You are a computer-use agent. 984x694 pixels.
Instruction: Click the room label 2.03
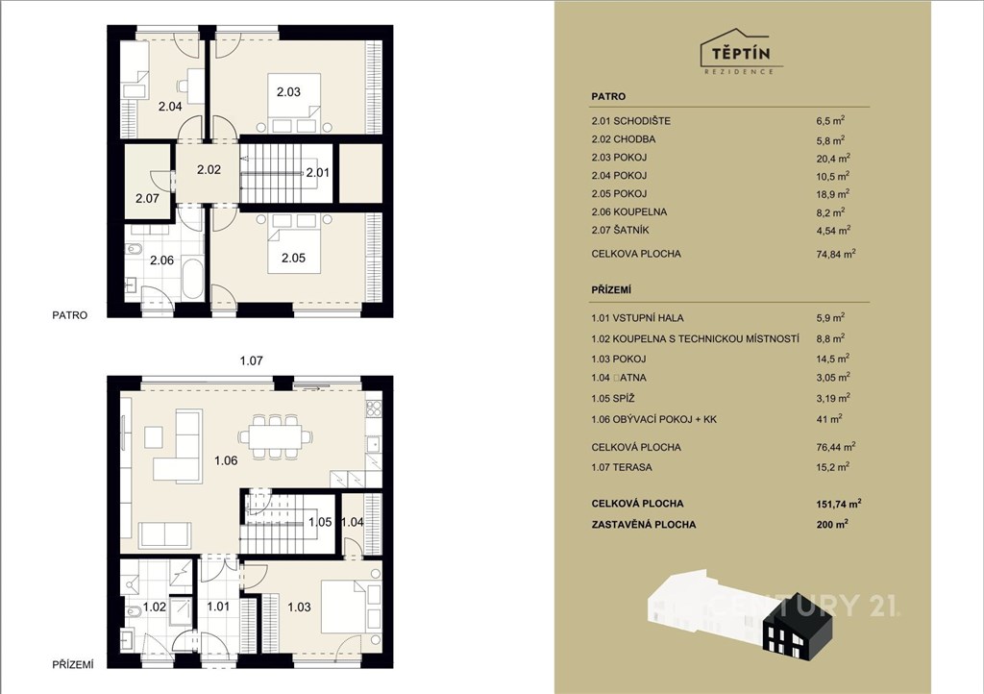tap(288, 91)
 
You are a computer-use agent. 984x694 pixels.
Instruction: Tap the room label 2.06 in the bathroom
tap(161, 260)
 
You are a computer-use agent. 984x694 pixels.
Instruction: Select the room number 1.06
tap(226, 460)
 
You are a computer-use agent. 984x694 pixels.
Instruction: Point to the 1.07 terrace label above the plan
tap(251, 360)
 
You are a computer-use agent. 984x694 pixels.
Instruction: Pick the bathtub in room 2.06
tap(192, 279)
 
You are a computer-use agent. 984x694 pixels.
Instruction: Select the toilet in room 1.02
tap(134, 611)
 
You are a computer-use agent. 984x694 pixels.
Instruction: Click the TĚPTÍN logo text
tap(741, 53)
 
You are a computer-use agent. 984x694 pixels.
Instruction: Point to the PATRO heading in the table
tap(608, 97)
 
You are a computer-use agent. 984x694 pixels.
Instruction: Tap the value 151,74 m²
tap(839, 504)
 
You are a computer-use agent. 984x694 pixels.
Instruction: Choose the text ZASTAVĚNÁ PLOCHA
tap(643, 525)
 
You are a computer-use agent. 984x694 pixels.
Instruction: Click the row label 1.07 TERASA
tap(622, 467)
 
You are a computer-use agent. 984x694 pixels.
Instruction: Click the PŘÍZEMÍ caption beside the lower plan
tap(73, 664)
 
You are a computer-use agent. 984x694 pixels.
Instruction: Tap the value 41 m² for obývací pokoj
tap(829, 418)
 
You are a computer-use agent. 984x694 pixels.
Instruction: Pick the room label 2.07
tap(147, 198)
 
